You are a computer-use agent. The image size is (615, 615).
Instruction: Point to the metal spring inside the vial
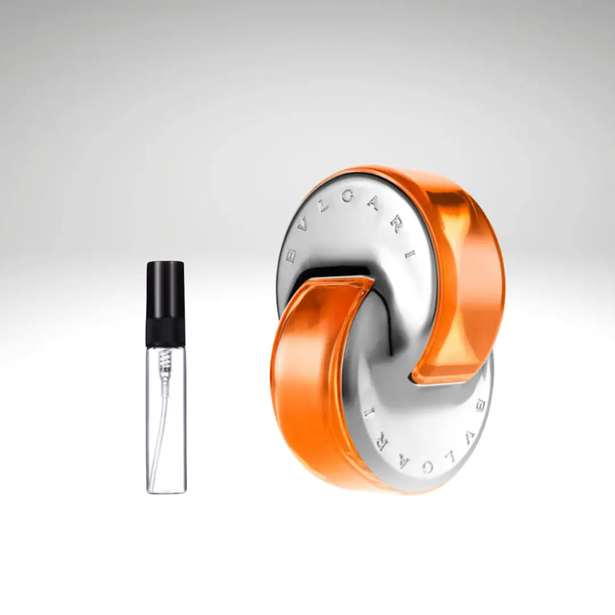click(166, 359)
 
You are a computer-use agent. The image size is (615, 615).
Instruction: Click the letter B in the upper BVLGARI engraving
click(291, 257)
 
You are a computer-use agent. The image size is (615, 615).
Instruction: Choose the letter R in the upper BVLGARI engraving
click(396, 223)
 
